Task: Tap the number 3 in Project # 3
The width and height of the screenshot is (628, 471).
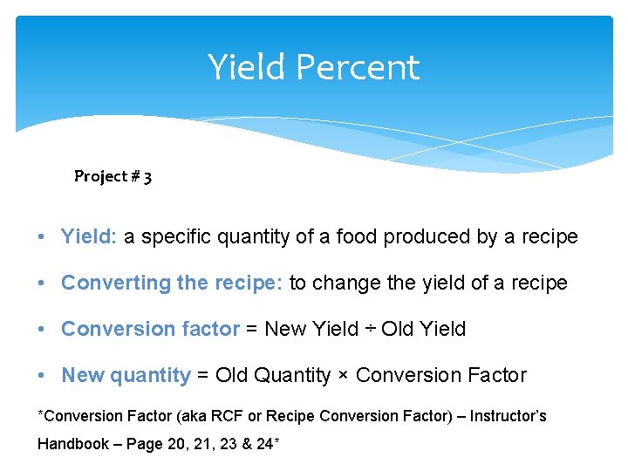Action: pos(147,177)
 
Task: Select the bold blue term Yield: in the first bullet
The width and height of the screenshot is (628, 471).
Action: pos(89,236)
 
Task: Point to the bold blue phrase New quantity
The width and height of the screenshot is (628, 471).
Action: pos(126,375)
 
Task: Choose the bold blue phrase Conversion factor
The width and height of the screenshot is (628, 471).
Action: pos(150,329)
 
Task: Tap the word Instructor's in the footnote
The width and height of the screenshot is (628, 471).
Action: pos(509,416)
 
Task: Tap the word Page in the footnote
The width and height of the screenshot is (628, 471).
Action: pos(143,443)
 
